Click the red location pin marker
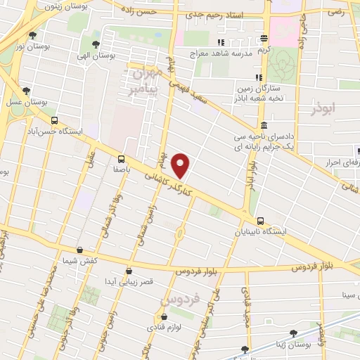181,165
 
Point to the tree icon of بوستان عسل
27,91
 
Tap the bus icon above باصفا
121,159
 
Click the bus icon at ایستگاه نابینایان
261,221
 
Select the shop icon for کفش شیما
79,250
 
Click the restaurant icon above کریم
264,38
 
